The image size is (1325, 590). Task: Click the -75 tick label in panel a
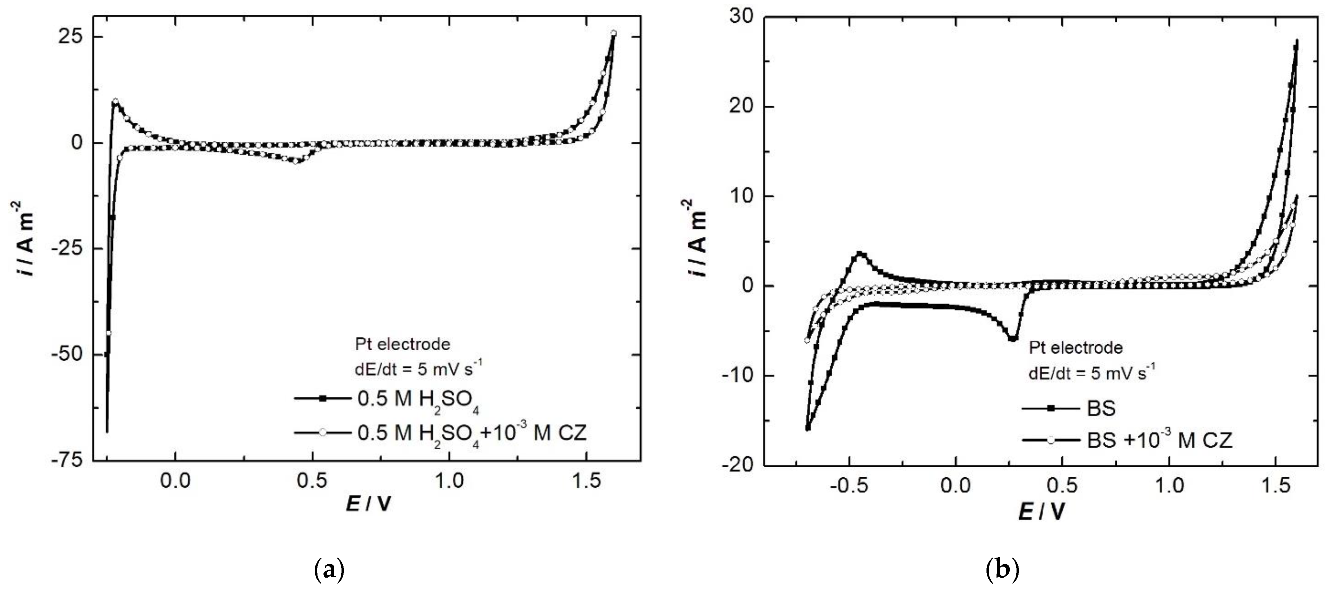tap(67, 461)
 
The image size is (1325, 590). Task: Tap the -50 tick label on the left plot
tap(67, 355)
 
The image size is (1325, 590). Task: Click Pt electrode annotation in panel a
tap(403, 344)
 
